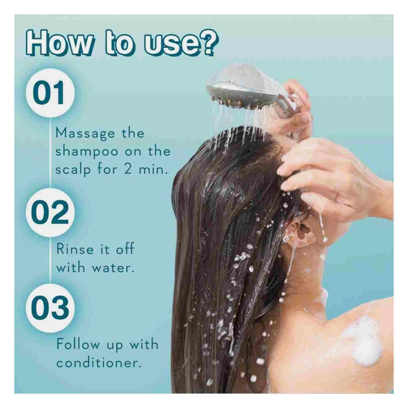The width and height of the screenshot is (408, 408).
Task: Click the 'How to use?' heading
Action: click(x=122, y=44)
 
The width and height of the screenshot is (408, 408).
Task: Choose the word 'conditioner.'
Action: click(x=99, y=362)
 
